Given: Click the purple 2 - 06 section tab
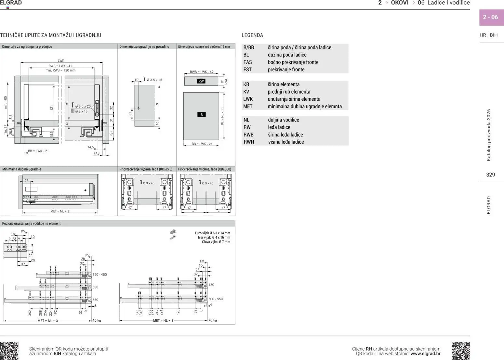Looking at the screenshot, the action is (x=491, y=17).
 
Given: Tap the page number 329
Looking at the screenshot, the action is (x=490, y=175).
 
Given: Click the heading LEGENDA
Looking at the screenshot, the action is (x=252, y=35).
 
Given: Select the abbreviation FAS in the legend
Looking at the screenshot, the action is (x=247, y=62).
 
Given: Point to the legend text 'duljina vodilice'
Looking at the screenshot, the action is (x=283, y=120).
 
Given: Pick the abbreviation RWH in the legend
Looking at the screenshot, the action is (x=249, y=142).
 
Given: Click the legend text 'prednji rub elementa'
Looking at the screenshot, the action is (x=289, y=92).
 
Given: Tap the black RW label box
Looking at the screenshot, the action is (x=201, y=81).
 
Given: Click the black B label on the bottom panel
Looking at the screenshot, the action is (x=202, y=115).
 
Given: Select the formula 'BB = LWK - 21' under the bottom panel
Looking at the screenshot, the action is (x=202, y=144).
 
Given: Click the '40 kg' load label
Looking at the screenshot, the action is (x=97, y=321).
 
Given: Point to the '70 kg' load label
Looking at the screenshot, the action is (x=213, y=321).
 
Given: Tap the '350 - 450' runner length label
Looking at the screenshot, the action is (x=99, y=275).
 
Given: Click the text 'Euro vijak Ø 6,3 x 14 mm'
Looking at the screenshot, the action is (x=212, y=233).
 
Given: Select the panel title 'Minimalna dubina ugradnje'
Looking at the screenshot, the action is (x=22, y=169).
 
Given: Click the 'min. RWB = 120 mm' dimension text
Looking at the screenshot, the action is (x=60, y=70).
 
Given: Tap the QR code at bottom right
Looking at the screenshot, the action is (x=460, y=350).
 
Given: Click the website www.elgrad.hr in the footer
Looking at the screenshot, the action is (x=425, y=354).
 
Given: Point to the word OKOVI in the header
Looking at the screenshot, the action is (x=400, y=3).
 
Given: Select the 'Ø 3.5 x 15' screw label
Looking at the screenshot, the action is (x=154, y=80).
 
